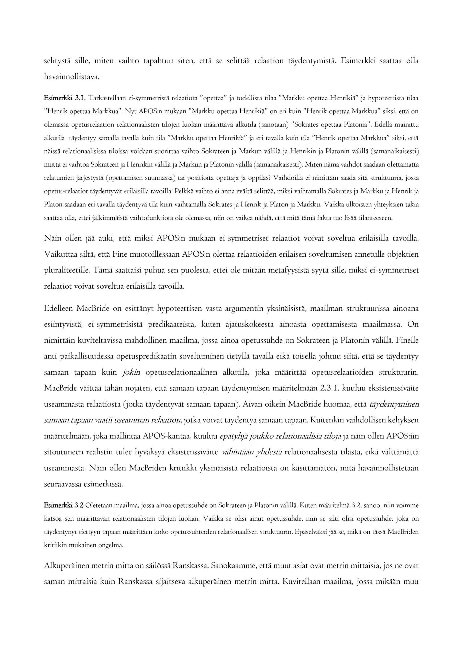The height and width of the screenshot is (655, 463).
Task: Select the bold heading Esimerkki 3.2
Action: (x=64, y=505)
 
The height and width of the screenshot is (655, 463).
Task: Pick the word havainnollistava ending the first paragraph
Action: (x=72, y=77)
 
